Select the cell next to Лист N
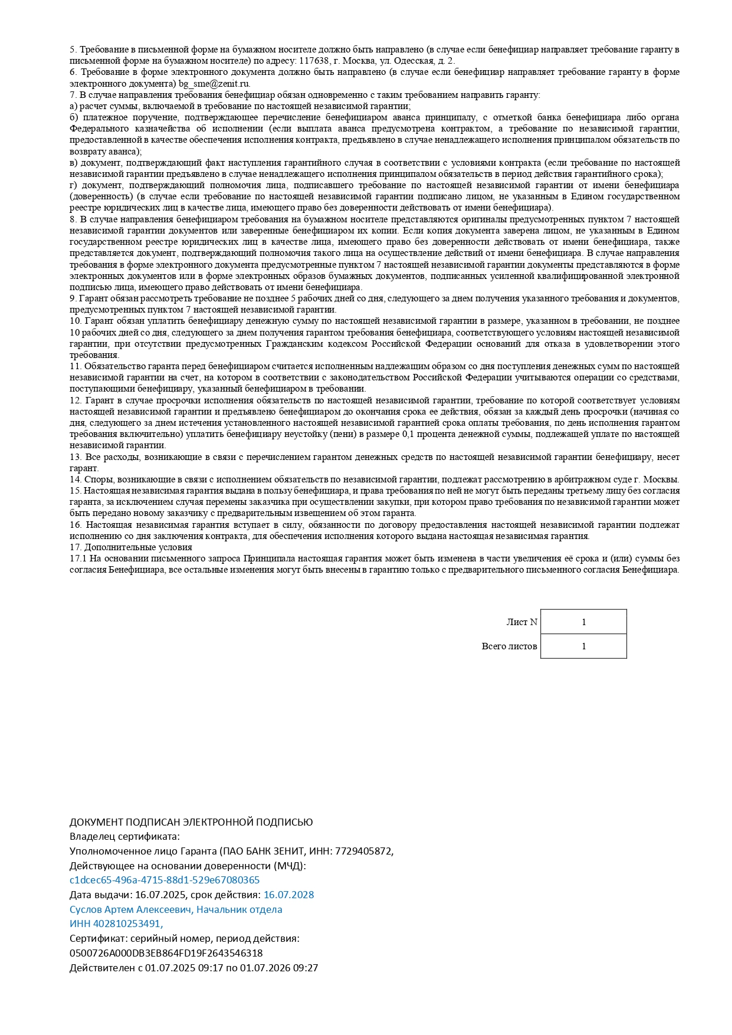[x=583, y=622]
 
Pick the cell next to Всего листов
[x=583, y=646]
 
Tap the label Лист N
[x=521, y=622]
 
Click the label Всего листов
[x=509, y=646]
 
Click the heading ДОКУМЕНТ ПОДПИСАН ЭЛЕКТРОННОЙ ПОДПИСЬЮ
[x=191, y=822]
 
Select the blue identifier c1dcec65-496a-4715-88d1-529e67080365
[x=165, y=880]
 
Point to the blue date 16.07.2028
[x=288, y=895]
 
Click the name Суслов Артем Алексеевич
[x=130, y=909]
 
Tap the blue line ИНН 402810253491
[x=116, y=924]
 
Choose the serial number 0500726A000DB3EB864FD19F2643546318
[x=166, y=953]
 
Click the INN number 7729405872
[x=364, y=851]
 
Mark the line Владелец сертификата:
[x=124, y=836]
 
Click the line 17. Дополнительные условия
[x=130, y=547]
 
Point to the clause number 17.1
[x=78, y=558]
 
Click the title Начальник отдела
[x=239, y=909]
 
